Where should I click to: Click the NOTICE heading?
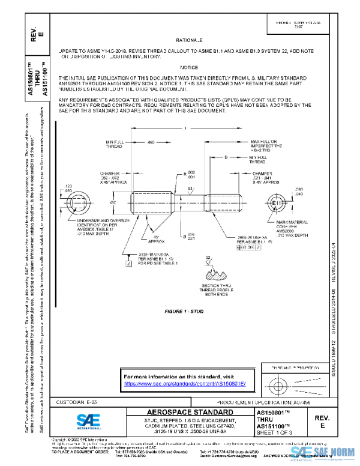(188, 68)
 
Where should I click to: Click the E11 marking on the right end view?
(277, 204)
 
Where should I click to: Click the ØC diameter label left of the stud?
(113, 203)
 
